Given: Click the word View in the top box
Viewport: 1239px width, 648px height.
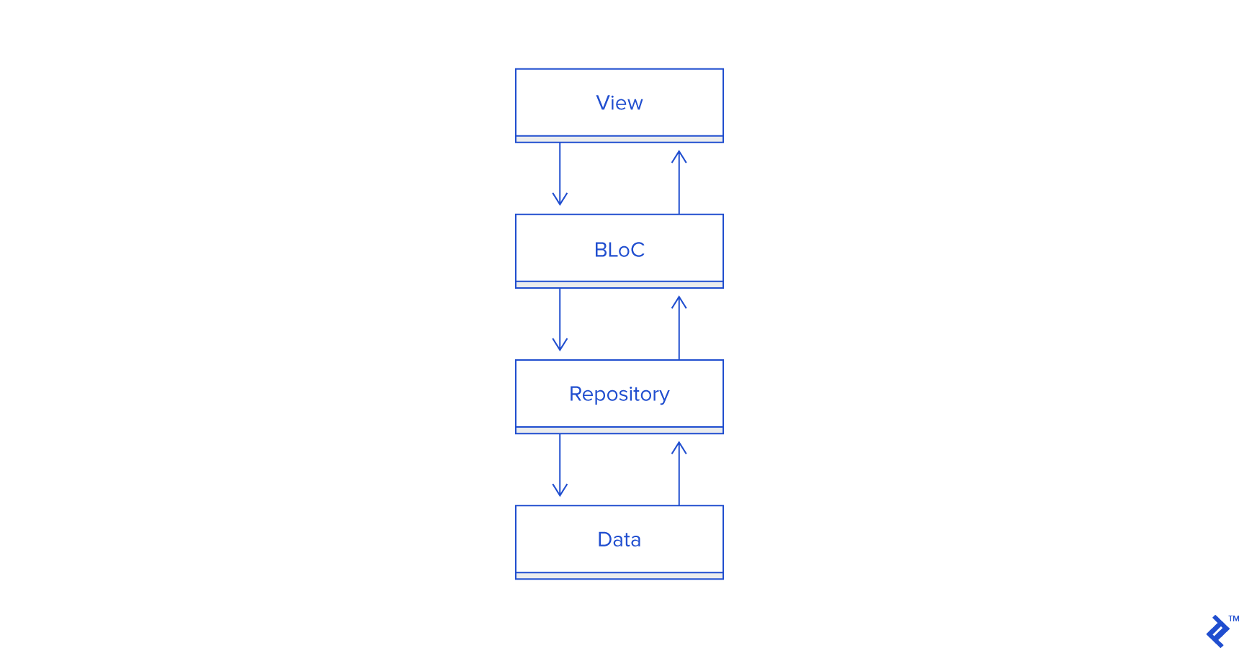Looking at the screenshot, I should coord(619,103).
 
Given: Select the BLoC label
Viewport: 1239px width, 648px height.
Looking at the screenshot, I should coord(619,250).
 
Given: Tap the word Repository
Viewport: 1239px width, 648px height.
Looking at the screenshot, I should coord(619,395).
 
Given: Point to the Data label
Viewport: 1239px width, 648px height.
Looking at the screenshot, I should coord(619,539).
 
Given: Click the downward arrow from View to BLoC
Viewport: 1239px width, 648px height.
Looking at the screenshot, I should coord(560,173).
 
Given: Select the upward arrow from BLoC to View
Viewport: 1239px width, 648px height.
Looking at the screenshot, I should coord(679,184).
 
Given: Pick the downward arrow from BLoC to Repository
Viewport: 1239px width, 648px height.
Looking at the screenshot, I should coord(560,318).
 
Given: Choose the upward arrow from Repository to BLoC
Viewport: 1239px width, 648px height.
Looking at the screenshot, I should coord(679,329).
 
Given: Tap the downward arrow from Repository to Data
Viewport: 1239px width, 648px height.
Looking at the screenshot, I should coord(560,464).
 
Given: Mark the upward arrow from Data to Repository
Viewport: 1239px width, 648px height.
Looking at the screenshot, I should coord(679,474).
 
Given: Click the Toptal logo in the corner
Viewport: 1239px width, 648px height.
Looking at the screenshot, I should coord(1217,631).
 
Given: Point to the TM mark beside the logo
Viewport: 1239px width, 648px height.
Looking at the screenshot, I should coord(1233,618).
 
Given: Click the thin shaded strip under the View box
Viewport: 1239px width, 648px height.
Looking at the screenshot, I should coord(619,139).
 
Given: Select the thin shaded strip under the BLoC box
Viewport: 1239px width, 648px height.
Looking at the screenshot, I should coord(619,284).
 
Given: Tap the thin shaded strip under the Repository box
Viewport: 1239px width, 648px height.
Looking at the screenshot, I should coord(619,430).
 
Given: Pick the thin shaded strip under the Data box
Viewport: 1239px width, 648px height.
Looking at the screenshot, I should coord(619,575).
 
